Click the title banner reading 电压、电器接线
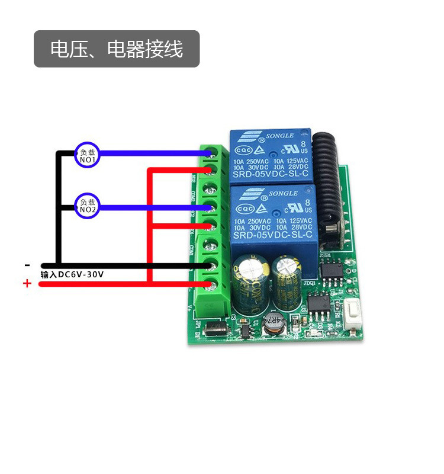[x=117, y=49]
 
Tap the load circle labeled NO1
[x=88, y=156]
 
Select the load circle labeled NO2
[x=88, y=206]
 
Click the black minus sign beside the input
[x=27, y=265]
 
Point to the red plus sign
[x=27, y=284]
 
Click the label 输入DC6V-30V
[x=72, y=274]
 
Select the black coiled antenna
[x=327, y=178]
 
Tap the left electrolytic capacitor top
[x=247, y=267]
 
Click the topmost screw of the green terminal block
[x=209, y=153]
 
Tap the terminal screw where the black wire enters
[x=208, y=265]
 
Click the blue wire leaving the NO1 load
[x=148, y=153]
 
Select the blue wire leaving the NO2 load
[x=148, y=207]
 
